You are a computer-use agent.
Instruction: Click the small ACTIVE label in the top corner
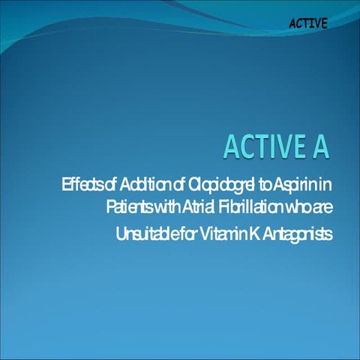point(307,22)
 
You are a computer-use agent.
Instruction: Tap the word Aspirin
point(294,184)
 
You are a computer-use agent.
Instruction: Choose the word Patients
point(130,207)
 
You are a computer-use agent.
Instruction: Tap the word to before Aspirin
point(258,184)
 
